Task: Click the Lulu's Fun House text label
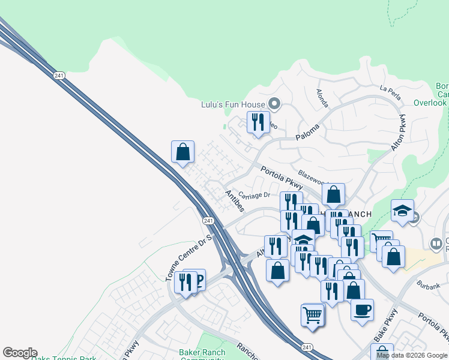(x=232, y=104)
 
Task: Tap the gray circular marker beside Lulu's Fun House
(x=274, y=104)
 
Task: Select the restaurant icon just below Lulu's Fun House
(x=258, y=122)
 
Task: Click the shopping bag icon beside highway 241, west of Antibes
(x=183, y=152)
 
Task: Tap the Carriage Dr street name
(x=255, y=194)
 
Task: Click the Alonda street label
(x=322, y=98)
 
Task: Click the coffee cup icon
(x=362, y=310)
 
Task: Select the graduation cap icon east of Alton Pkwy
(x=402, y=211)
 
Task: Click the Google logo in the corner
(x=20, y=353)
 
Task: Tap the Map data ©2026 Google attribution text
(x=412, y=355)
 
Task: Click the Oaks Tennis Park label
(x=71, y=358)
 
